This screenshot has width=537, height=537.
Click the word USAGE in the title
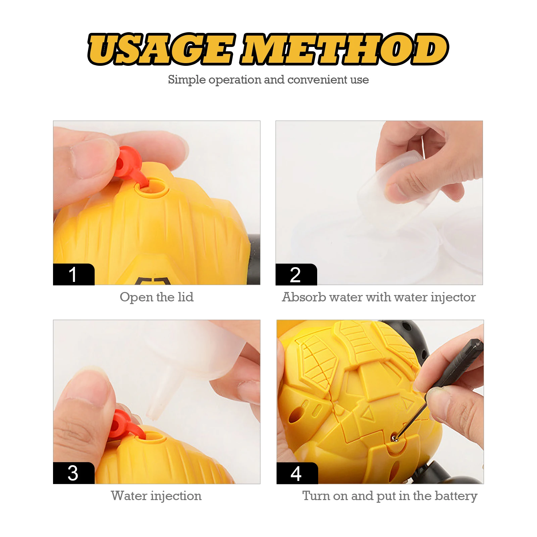pyautogui.click(x=160, y=49)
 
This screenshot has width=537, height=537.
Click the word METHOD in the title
pyautogui.click(x=346, y=49)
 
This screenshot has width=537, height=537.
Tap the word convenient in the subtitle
pyautogui.click(x=317, y=80)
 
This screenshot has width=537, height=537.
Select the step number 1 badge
pyautogui.click(x=74, y=275)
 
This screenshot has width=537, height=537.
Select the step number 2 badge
pyautogui.click(x=296, y=275)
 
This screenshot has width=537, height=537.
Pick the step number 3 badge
pyautogui.click(x=74, y=473)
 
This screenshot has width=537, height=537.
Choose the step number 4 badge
pyautogui.click(x=297, y=473)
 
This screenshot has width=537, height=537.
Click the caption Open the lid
pyautogui.click(x=157, y=297)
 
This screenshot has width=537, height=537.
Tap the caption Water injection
pyautogui.click(x=156, y=496)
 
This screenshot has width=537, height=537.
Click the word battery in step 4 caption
pyautogui.click(x=456, y=496)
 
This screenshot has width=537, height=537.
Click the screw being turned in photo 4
pyautogui.click(x=394, y=438)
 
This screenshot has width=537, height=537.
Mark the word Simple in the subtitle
pyautogui.click(x=187, y=80)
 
